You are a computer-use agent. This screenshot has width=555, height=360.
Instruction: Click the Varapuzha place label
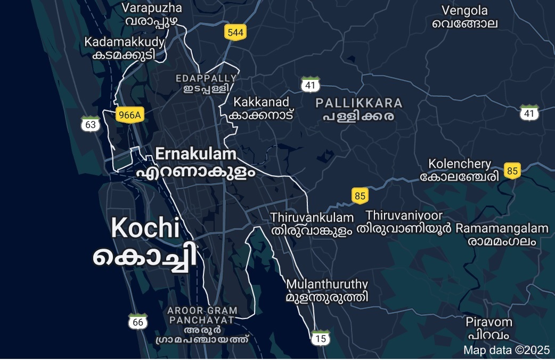tap(152, 14)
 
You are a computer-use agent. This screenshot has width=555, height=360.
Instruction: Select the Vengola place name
tap(464, 17)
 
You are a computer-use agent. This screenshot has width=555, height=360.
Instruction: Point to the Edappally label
tap(206, 83)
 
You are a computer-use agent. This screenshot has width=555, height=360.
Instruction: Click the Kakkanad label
tap(261, 108)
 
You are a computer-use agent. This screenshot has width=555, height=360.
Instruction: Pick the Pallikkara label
tap(358, 109)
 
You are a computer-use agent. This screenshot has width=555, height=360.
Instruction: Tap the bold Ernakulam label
tap(195, 162)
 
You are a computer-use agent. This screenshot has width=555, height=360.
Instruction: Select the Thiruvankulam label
tap(312, 224)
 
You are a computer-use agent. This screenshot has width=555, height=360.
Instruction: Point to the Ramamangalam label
tap(502, 234)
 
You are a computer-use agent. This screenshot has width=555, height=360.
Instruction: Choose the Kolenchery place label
tap(460, 170)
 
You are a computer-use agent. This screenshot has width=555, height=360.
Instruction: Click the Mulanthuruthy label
tap(327, 290)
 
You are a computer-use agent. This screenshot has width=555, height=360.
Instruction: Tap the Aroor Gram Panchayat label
tap(202, 324)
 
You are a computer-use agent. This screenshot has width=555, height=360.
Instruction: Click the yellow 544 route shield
tap(234, 32)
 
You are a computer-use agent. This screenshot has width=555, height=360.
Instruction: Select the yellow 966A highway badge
tap(130, 114)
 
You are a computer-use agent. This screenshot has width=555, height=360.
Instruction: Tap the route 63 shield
tap(91, 124)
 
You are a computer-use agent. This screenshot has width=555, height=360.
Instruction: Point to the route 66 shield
tap(138, 322)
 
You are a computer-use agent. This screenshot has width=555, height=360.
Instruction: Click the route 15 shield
tap(320, 338)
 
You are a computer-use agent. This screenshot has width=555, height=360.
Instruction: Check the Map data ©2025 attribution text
tap(505, 350)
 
